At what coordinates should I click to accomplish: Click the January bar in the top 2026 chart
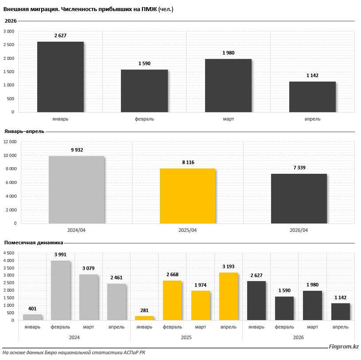click(x=60, y=77)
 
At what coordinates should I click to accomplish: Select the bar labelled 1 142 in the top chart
click(x=312, y=97)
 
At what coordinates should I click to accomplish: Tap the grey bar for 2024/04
click(x=77, y=190)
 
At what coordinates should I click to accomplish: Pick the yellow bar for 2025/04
click(x=188, y=196)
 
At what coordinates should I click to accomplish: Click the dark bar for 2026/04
click(x=299, y=199)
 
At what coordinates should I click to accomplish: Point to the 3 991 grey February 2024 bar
click(x=60, y=290)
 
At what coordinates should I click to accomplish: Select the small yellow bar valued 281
click(x=144, y=318)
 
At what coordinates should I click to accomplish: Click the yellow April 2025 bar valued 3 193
click(x=229, y=297)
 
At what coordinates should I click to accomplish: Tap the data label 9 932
click(x=77, y=150)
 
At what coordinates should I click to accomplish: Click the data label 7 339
click(x=299, y=168)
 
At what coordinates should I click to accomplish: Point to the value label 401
click(x=32, y=309)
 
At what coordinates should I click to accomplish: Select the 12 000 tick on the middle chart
click(x=10, y=142)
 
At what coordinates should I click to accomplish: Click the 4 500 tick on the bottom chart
click(x=9, y=253)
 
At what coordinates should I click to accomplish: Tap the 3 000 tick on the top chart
click(x=9, y=31)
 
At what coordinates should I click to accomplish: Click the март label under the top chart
click(x=229, y=119)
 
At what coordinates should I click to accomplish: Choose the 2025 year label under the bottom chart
click(x=186, y=338)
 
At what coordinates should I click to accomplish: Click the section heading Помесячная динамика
click(x=34, y=243)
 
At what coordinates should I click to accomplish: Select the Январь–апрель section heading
click(x=24, y=132)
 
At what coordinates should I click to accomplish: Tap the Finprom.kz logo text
click(x=344, y=347)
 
